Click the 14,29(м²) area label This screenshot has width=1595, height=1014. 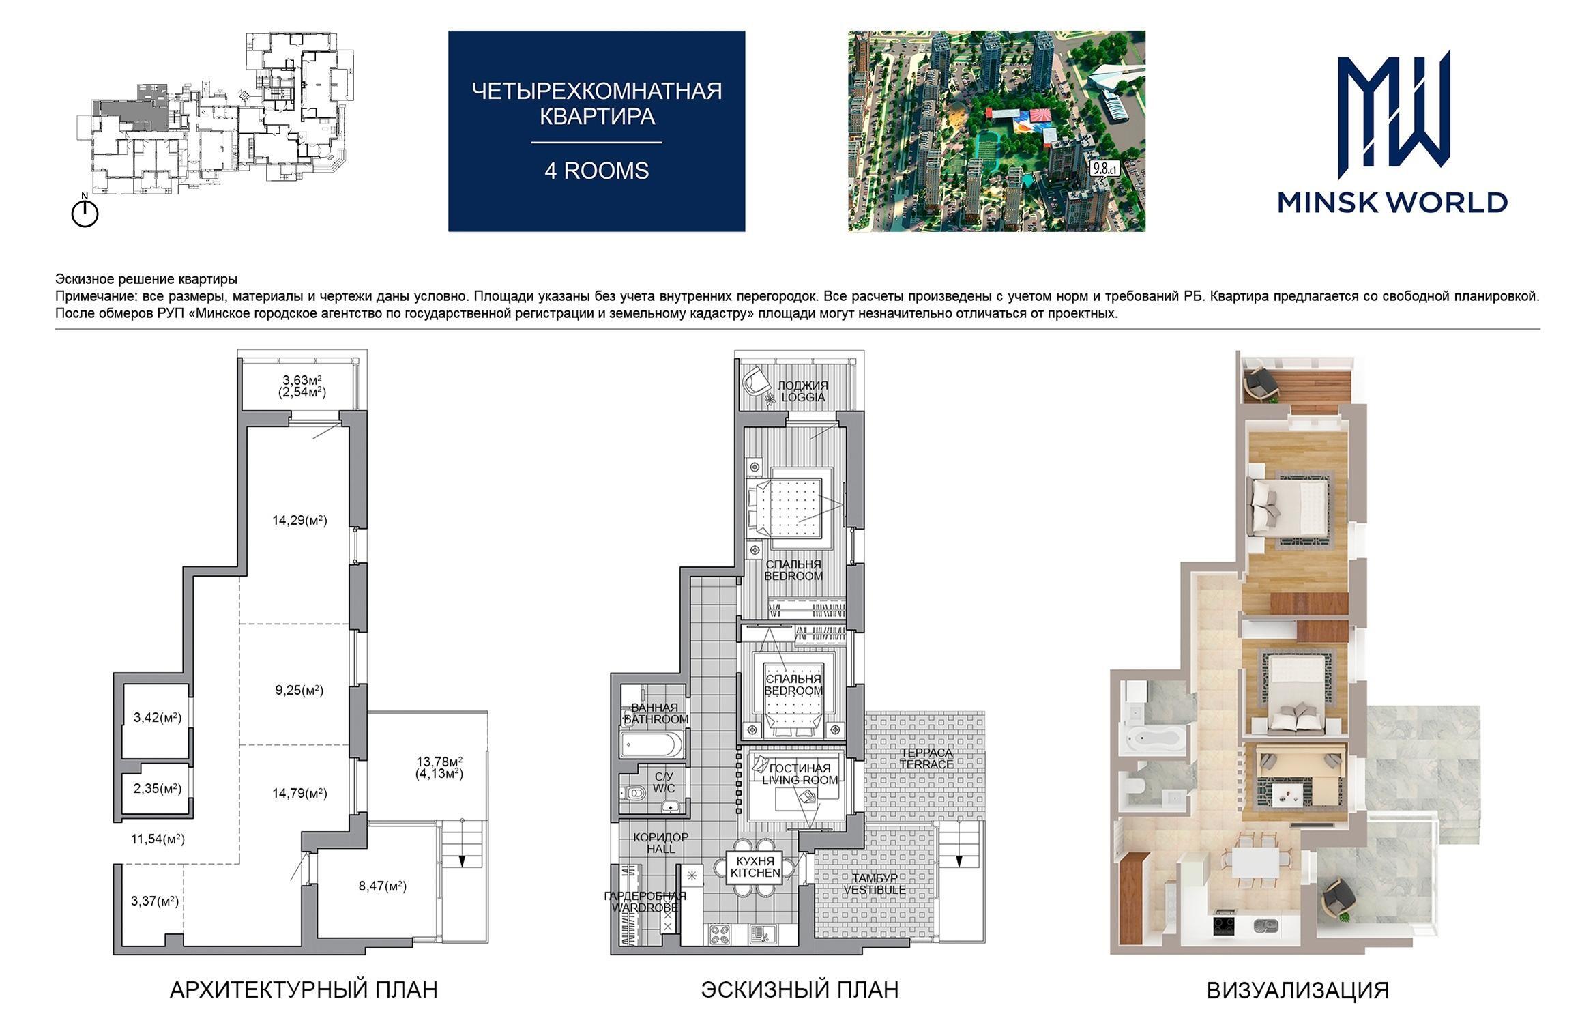coord(299,521)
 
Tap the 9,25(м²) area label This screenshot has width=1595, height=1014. coord(299,691)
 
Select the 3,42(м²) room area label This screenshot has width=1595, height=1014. coord(158,718)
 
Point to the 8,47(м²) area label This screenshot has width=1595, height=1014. coord(383,887)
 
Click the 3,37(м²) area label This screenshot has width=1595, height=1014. coord(155,901)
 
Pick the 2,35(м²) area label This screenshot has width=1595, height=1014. coord(158,789)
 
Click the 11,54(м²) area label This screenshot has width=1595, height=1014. coord(158,839)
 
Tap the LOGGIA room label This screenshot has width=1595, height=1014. coord(803,397)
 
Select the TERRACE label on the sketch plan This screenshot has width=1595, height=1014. coord(926,764)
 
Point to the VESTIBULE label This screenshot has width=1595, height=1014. coord(875,890)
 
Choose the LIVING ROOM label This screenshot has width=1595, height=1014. coord(800,780)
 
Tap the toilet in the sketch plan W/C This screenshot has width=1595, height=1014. coord(634,793)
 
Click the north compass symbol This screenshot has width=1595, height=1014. coord(85,212)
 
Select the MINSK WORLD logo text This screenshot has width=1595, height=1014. coord(1392,203)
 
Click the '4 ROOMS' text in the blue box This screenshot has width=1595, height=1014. coord(597,171)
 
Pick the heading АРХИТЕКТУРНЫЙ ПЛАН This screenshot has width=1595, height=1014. coord(304,990)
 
